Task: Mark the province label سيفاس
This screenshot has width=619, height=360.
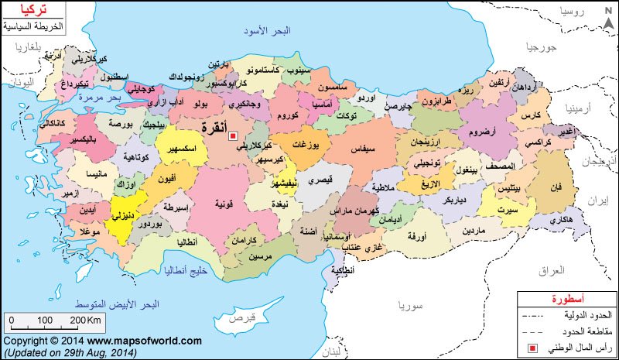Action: click(361, 146)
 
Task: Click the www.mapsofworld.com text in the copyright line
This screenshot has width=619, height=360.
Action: click(144, 341)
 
